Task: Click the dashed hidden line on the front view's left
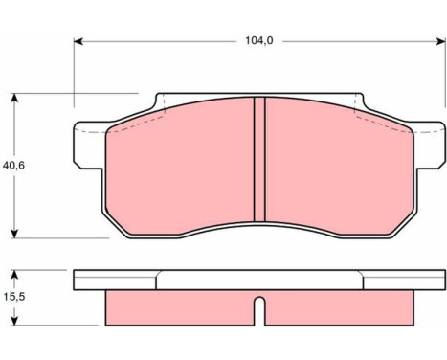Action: [x=134, y=121]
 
